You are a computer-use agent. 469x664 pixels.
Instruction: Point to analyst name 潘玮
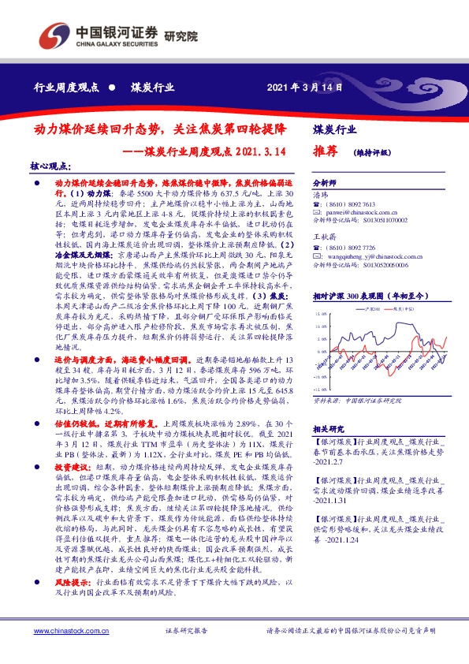tap(320, 193)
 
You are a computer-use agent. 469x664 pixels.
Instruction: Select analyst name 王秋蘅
tap(324, 235)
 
